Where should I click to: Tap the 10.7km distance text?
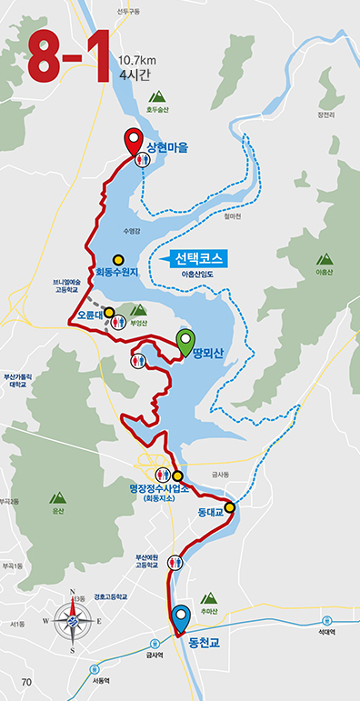[x=137, y=60]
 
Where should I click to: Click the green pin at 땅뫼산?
[x=186, y=341]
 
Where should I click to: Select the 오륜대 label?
[x=90, y=315]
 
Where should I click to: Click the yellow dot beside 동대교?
[x=230, y=507]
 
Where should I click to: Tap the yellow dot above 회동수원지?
[x=117, y=257]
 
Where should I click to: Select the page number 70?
[x=25, y=682]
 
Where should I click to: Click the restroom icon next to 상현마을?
[x=142, y=159]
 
